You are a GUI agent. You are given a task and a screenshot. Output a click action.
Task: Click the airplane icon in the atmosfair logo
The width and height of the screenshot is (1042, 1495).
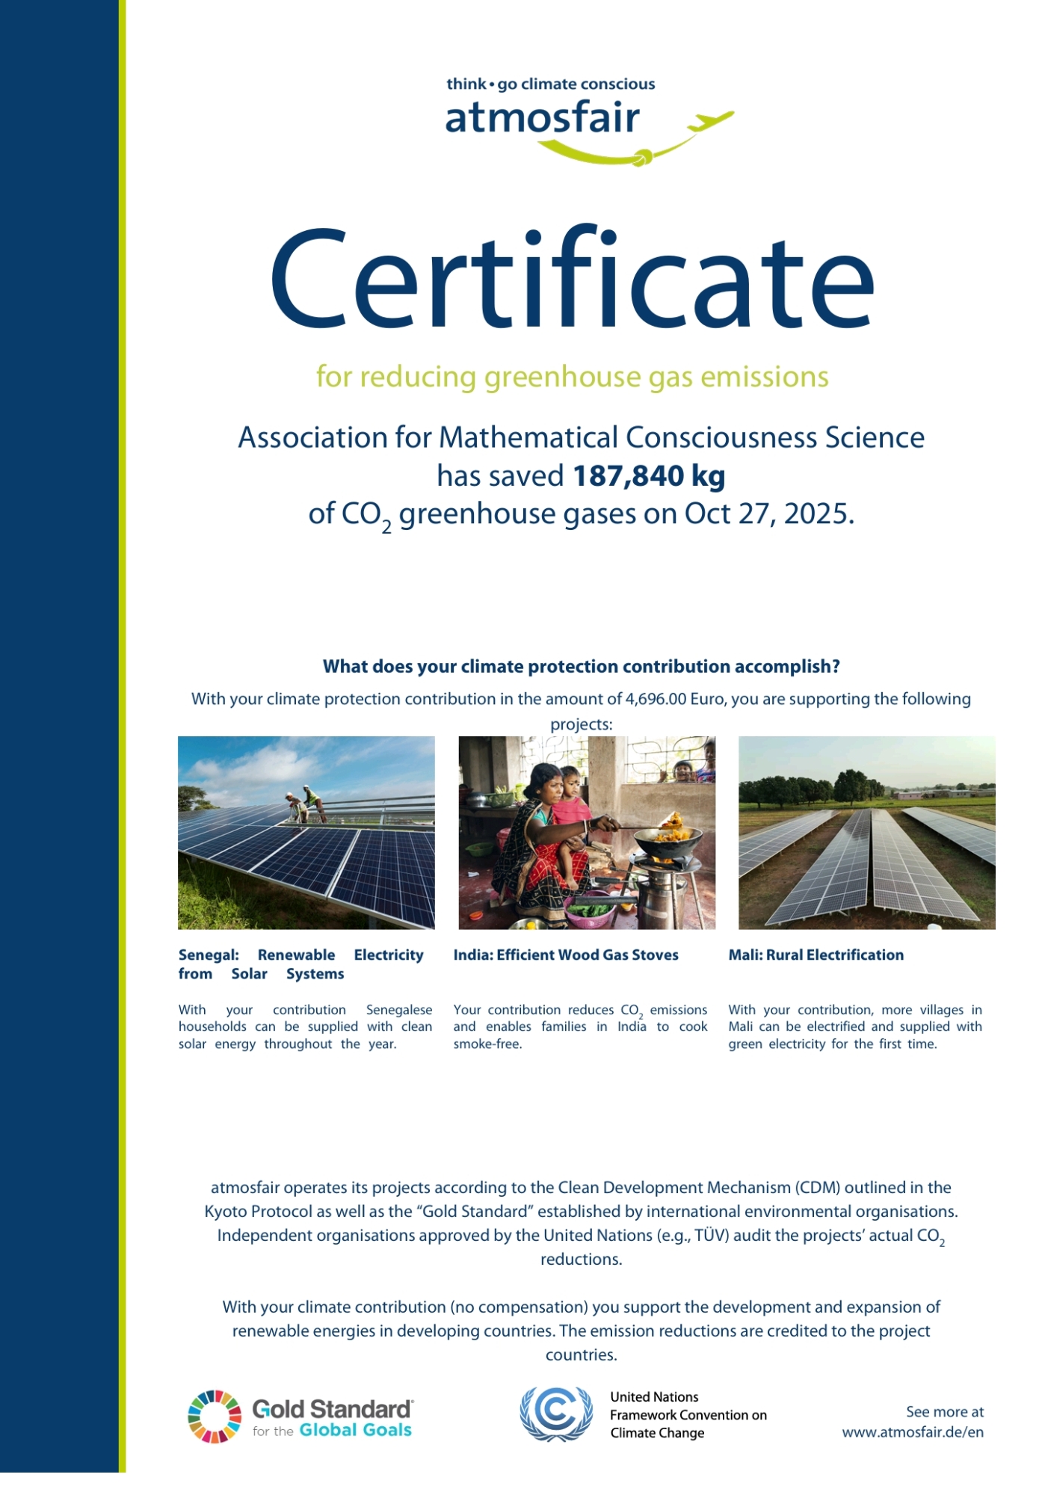click(709, 120)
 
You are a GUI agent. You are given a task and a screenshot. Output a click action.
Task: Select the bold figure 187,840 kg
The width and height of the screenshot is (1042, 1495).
click(649, 476)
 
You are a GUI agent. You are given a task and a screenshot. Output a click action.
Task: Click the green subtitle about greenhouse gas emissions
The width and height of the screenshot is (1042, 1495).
click(572, 377)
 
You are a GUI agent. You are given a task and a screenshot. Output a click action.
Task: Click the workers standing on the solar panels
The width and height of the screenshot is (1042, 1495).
click(306, 804)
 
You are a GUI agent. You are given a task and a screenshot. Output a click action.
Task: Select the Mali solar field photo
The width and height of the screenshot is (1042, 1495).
click(866, 833)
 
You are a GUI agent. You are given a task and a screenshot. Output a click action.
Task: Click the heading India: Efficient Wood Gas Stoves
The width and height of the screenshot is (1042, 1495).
click(566, 955)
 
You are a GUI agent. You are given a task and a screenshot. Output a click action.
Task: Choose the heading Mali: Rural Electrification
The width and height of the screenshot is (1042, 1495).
click(816, 955)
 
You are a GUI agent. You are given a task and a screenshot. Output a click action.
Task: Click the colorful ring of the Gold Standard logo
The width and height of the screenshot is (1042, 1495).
click(215, 1416)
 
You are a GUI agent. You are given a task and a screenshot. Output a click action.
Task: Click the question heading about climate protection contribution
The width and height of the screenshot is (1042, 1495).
click(581, 666)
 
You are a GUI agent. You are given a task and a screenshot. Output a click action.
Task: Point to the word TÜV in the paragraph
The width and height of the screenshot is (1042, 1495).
click(710, 1236)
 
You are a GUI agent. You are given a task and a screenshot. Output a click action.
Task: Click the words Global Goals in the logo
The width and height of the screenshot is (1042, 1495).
click(355, 1430)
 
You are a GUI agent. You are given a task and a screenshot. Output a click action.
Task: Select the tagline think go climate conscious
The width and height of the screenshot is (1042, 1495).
click(550, 84)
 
